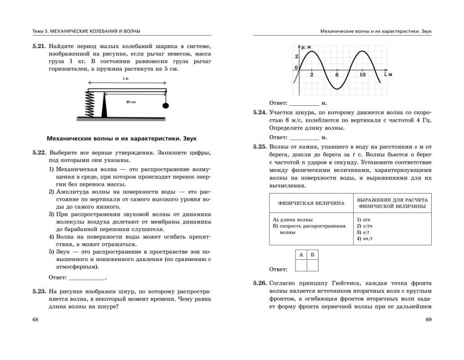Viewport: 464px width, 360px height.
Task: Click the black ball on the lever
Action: tap(166, 105)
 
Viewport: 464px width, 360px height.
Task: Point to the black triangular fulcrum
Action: tap(105, 105)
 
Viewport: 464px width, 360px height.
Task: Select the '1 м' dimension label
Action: tap(126, 80)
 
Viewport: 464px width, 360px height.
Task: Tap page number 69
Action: tap(428, 320)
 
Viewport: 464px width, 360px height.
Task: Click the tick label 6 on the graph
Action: tap(337, 75)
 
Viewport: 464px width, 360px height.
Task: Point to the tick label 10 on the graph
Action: tap(363, 75)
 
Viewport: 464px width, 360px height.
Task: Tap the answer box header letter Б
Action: tap(313, 255)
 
